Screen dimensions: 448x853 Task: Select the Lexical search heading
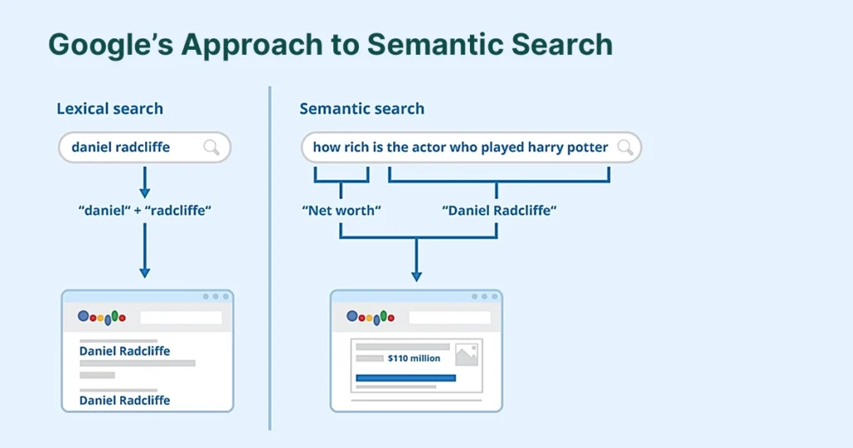[x=110, y=108]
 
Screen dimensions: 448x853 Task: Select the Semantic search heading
[x=362, y=108]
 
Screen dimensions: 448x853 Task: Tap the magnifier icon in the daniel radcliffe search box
[x=212, y=147]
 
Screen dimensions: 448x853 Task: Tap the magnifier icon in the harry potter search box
[x=625, y=147]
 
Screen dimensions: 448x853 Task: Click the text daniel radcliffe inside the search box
[x=121, y=147]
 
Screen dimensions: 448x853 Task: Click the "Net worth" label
[x=341, y=211]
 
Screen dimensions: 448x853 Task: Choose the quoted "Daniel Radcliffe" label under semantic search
[x=498, y=211]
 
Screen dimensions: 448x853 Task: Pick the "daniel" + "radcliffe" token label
[x=144, y=211]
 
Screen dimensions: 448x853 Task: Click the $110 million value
[x=414, y=358]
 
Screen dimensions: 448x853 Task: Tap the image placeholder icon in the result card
[x=466, y=353]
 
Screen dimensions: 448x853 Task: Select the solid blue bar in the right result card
[x=406, y=377]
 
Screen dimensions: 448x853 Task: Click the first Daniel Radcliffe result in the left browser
[x=124, y=351]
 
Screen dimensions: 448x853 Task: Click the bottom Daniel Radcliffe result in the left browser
[x=124, y=400]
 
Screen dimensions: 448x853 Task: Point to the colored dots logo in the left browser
[x=102, y=317]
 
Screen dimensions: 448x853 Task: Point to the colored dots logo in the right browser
[x=370, y=317]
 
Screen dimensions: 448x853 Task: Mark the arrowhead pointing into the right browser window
[x=417, y=276]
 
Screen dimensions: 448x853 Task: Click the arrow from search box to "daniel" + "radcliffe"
[x=144, y=182]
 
